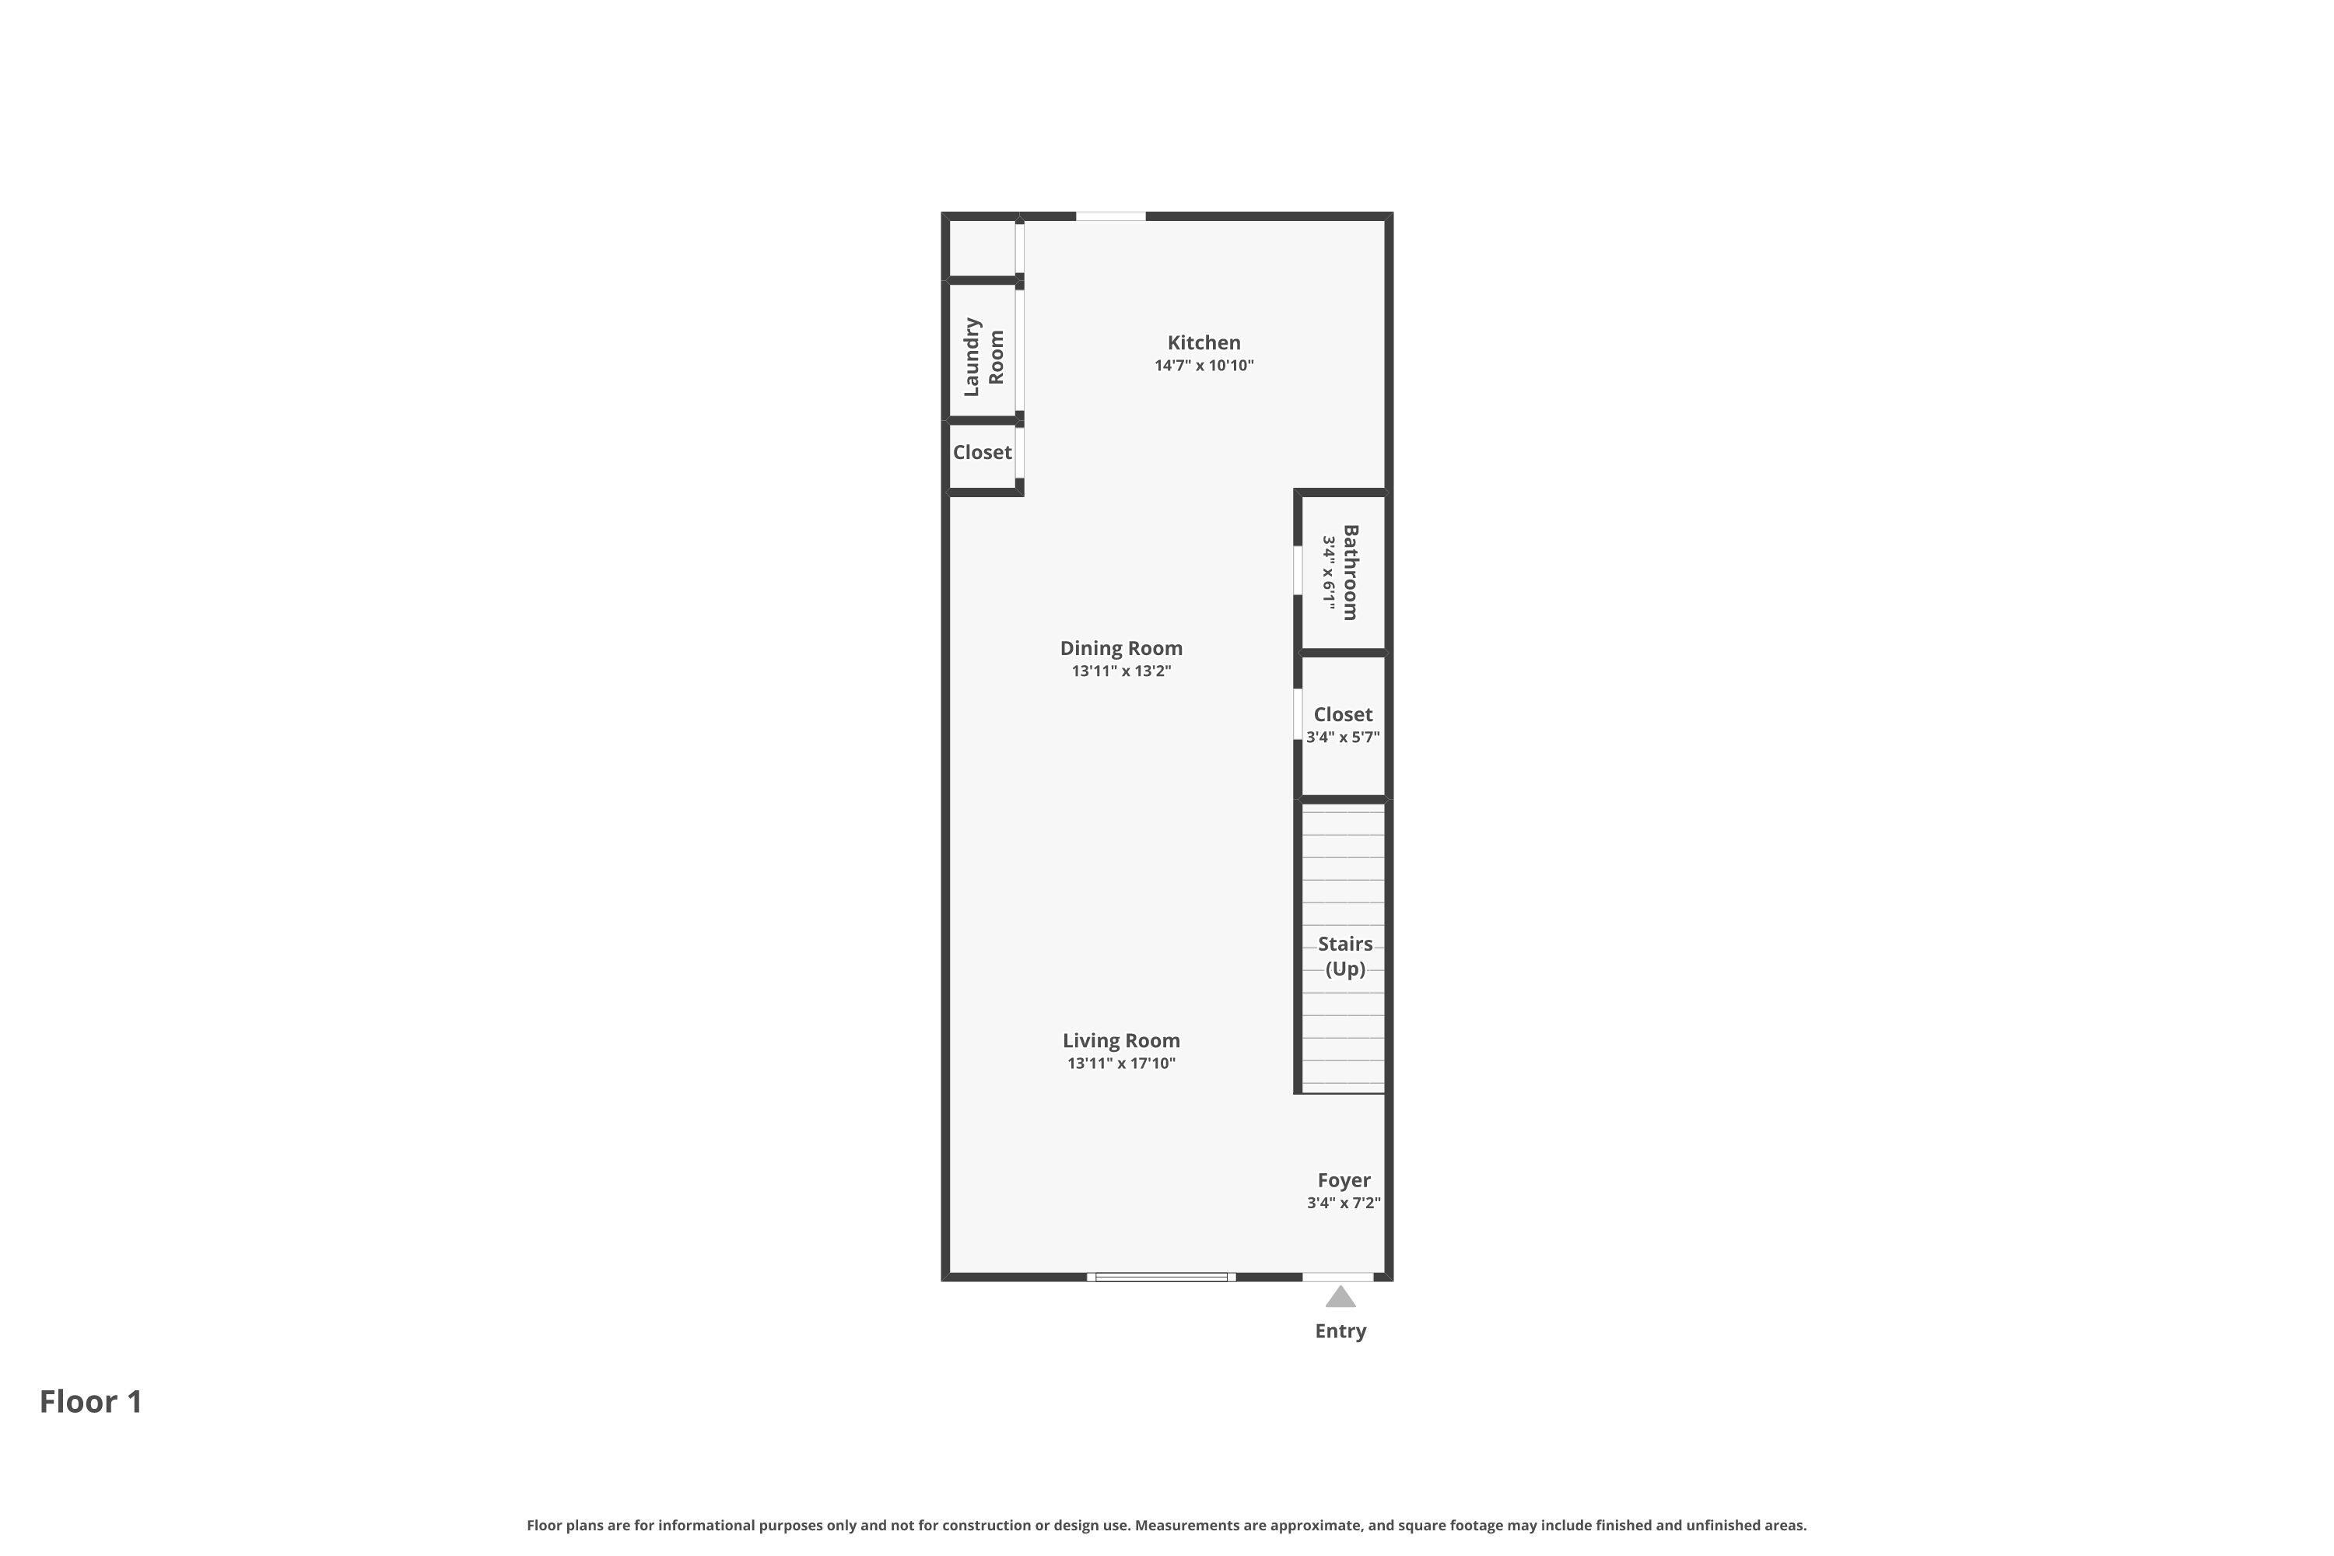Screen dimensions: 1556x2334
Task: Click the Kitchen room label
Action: [1204, 342]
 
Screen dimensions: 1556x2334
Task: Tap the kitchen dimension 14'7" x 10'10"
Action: [1204, 365]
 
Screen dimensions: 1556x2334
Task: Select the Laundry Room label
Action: [983, 357]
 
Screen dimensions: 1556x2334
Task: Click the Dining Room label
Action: [1120, 648]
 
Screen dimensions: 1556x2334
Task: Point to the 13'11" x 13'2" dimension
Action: [1120, 671]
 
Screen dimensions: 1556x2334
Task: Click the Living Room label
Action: [1120, 1040]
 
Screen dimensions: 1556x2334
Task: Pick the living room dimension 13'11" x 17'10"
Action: [1120, 1063]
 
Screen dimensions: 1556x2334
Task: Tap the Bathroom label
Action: [1350, 573]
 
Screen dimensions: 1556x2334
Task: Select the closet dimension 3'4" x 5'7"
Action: [1343, 738]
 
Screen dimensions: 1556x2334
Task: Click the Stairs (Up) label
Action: [1344, 955]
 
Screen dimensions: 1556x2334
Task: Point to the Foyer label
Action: [1344, 1180]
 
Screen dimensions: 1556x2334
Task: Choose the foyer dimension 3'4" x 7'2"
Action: [1344, 1203]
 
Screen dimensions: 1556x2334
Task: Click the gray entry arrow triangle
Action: [1340, 1297]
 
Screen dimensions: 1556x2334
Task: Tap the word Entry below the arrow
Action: [1340, 1330]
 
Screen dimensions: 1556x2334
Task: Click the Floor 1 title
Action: [90, 1401]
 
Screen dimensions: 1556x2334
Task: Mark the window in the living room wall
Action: [1160, 1276]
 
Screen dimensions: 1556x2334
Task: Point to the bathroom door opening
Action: [1297, 570]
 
